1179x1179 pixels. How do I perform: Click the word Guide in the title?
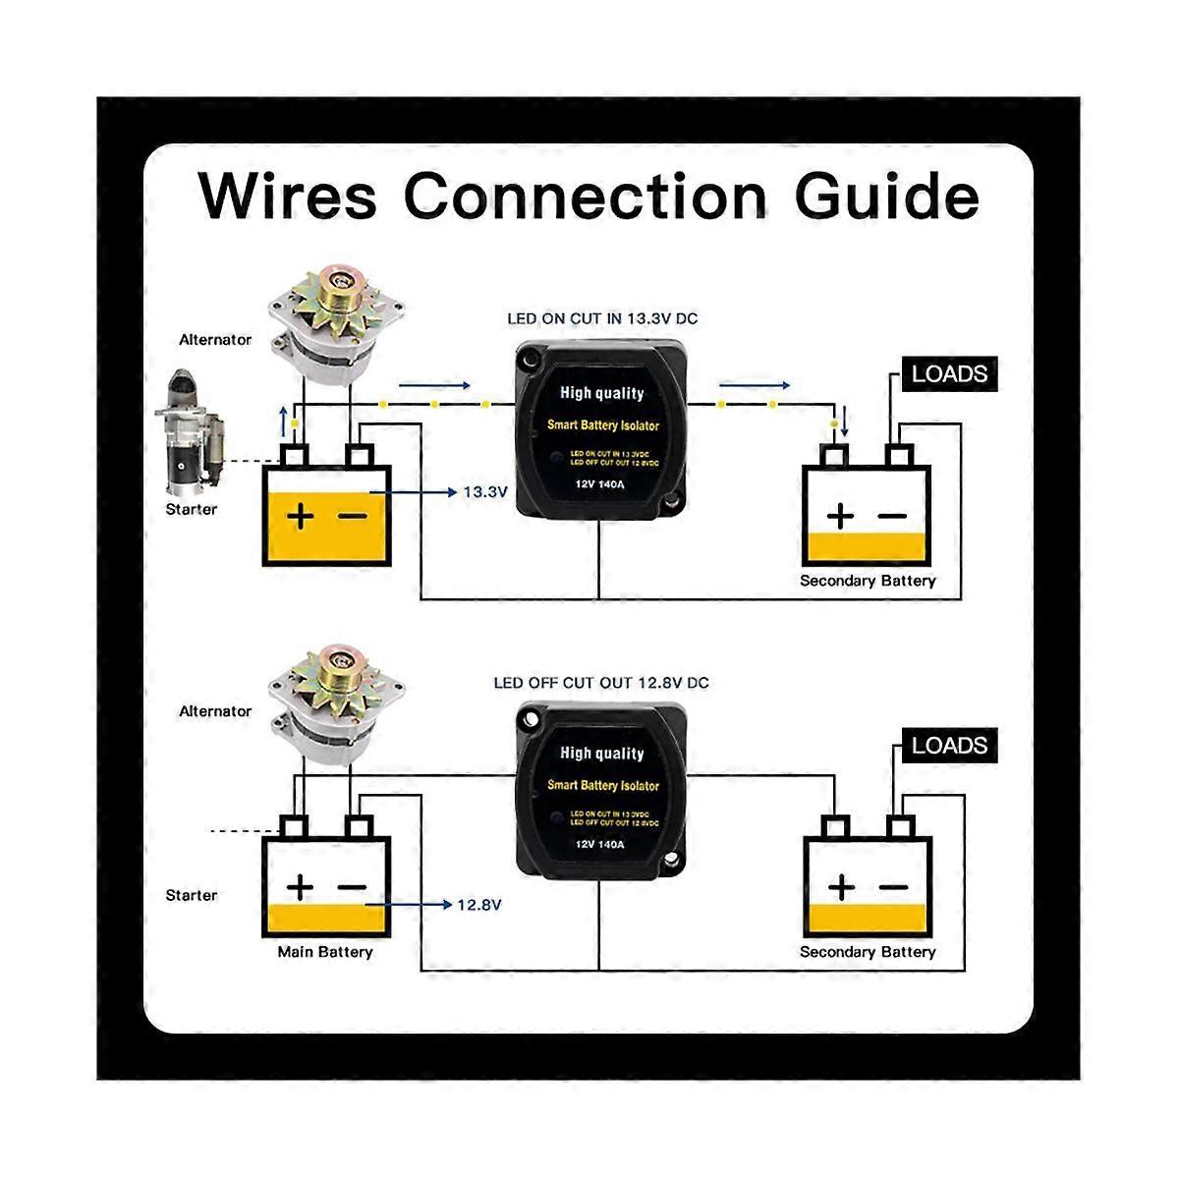886,196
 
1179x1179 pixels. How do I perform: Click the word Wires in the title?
288,196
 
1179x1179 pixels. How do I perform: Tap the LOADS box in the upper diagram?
948,374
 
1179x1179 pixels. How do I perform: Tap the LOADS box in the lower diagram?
948,746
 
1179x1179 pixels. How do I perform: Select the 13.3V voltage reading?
484,491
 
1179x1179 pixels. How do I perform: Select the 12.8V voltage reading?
478,904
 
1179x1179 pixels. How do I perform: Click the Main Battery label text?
324,952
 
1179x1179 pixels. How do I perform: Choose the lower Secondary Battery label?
867,952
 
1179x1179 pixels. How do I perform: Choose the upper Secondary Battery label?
867,581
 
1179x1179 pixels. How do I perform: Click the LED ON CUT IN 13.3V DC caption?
601,319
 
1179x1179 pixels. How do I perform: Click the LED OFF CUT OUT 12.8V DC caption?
600,683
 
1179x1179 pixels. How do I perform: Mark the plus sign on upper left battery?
301,516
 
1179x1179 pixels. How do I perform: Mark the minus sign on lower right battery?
893,887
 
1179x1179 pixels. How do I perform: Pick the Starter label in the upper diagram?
191,509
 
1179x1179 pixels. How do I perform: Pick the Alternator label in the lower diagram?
215,710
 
